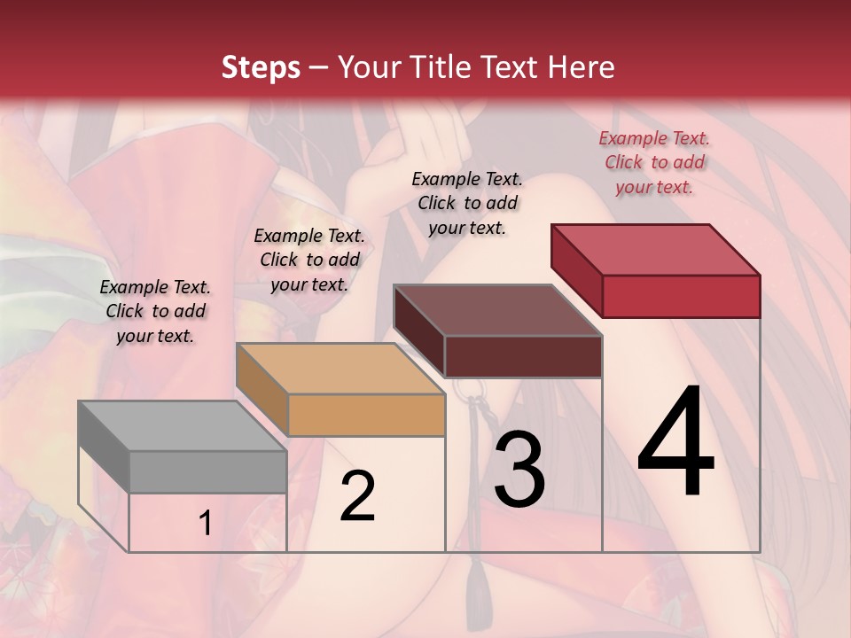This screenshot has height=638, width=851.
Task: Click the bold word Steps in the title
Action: point(260,67)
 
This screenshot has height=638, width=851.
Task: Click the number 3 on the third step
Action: point(519,470)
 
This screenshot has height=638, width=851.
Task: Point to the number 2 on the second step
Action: point(357,496)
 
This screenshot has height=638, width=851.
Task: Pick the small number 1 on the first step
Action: point(206,524)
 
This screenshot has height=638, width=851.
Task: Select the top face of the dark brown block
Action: point(497,310)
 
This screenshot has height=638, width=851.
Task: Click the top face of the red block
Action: point(655,250)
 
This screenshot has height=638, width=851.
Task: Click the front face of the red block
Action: point(681,296)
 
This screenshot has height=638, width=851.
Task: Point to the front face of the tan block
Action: point(366,415)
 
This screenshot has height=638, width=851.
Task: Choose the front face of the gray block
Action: point(208,471)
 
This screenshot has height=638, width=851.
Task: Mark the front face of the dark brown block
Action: point(523,356)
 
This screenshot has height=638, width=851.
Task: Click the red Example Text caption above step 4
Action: point(654,162)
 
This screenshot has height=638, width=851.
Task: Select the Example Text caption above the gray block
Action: point(155,311)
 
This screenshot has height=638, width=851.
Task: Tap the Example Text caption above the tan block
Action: point(309,260)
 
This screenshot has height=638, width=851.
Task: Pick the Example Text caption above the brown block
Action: point(467,203)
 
